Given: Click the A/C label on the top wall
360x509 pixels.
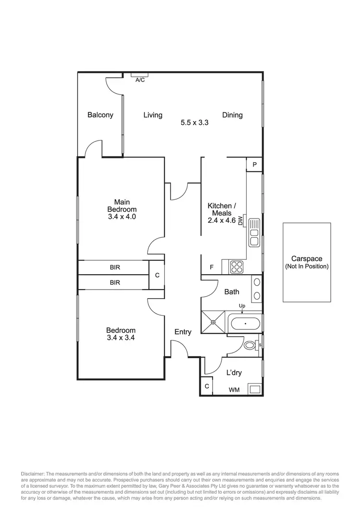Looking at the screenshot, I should (140, 80).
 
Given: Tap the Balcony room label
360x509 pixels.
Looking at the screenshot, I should (100, 115).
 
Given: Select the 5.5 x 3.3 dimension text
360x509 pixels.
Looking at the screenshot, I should (194, 122).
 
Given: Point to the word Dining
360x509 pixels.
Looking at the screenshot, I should (232, 115).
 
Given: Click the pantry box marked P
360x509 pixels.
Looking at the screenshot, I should (254, 164).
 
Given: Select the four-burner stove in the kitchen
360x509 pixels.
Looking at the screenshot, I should (237, 267).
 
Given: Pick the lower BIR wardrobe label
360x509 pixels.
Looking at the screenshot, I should (115, 283).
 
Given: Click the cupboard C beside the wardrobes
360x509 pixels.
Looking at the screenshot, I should (156, 275).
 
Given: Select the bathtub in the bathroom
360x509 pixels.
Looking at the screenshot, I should (245, 324).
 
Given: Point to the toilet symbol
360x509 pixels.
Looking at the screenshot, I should (250, 345).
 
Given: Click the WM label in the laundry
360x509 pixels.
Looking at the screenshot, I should (234, 390).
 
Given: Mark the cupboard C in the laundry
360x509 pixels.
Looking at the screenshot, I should (207, 386).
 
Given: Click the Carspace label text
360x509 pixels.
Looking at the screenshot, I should (306, 259).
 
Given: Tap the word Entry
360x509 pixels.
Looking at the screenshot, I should (183, 332).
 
